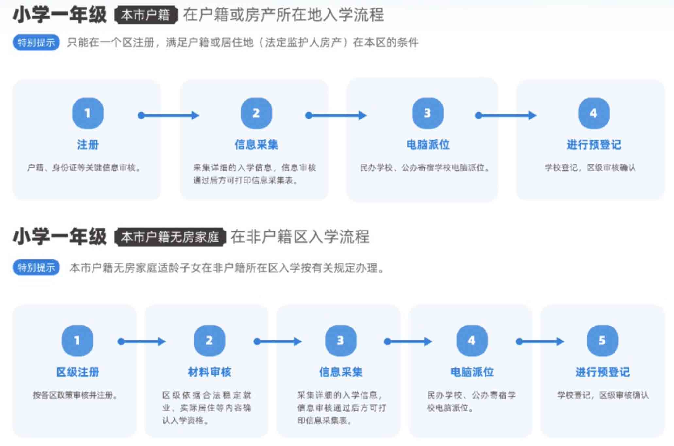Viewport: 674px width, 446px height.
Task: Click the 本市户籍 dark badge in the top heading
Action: click(x=146, y=15)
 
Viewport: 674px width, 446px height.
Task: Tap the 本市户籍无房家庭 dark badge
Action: click(x=170, y=237)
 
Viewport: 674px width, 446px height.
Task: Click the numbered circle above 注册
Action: click(x=88, y=113)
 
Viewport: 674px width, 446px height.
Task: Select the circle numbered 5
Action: click(x=602, y=340)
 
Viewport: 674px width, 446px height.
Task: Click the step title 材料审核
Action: click(x=210, y=372)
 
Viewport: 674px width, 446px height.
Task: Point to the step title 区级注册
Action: click(x=77, y=372)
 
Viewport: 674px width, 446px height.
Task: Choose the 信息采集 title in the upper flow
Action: click(x=256, y=144)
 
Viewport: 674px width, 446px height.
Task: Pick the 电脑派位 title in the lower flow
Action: click(x=472, y=372)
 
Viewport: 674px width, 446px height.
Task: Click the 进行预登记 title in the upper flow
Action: click(x=594, y=144)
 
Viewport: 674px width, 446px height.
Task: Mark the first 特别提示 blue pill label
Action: click(x=36, y=42)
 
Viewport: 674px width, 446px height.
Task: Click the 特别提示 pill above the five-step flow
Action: click(x=36, y=268)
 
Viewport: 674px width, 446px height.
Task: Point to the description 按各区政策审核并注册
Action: click(x=75, y=395)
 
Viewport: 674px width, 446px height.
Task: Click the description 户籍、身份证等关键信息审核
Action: click(x=84, y=168)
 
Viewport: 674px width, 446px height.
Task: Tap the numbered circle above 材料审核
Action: click(x=209, y=340)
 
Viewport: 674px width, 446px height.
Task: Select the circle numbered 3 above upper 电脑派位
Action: click(x=428, y=113)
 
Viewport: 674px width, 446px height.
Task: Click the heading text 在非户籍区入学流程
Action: click(x=300, y=237)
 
